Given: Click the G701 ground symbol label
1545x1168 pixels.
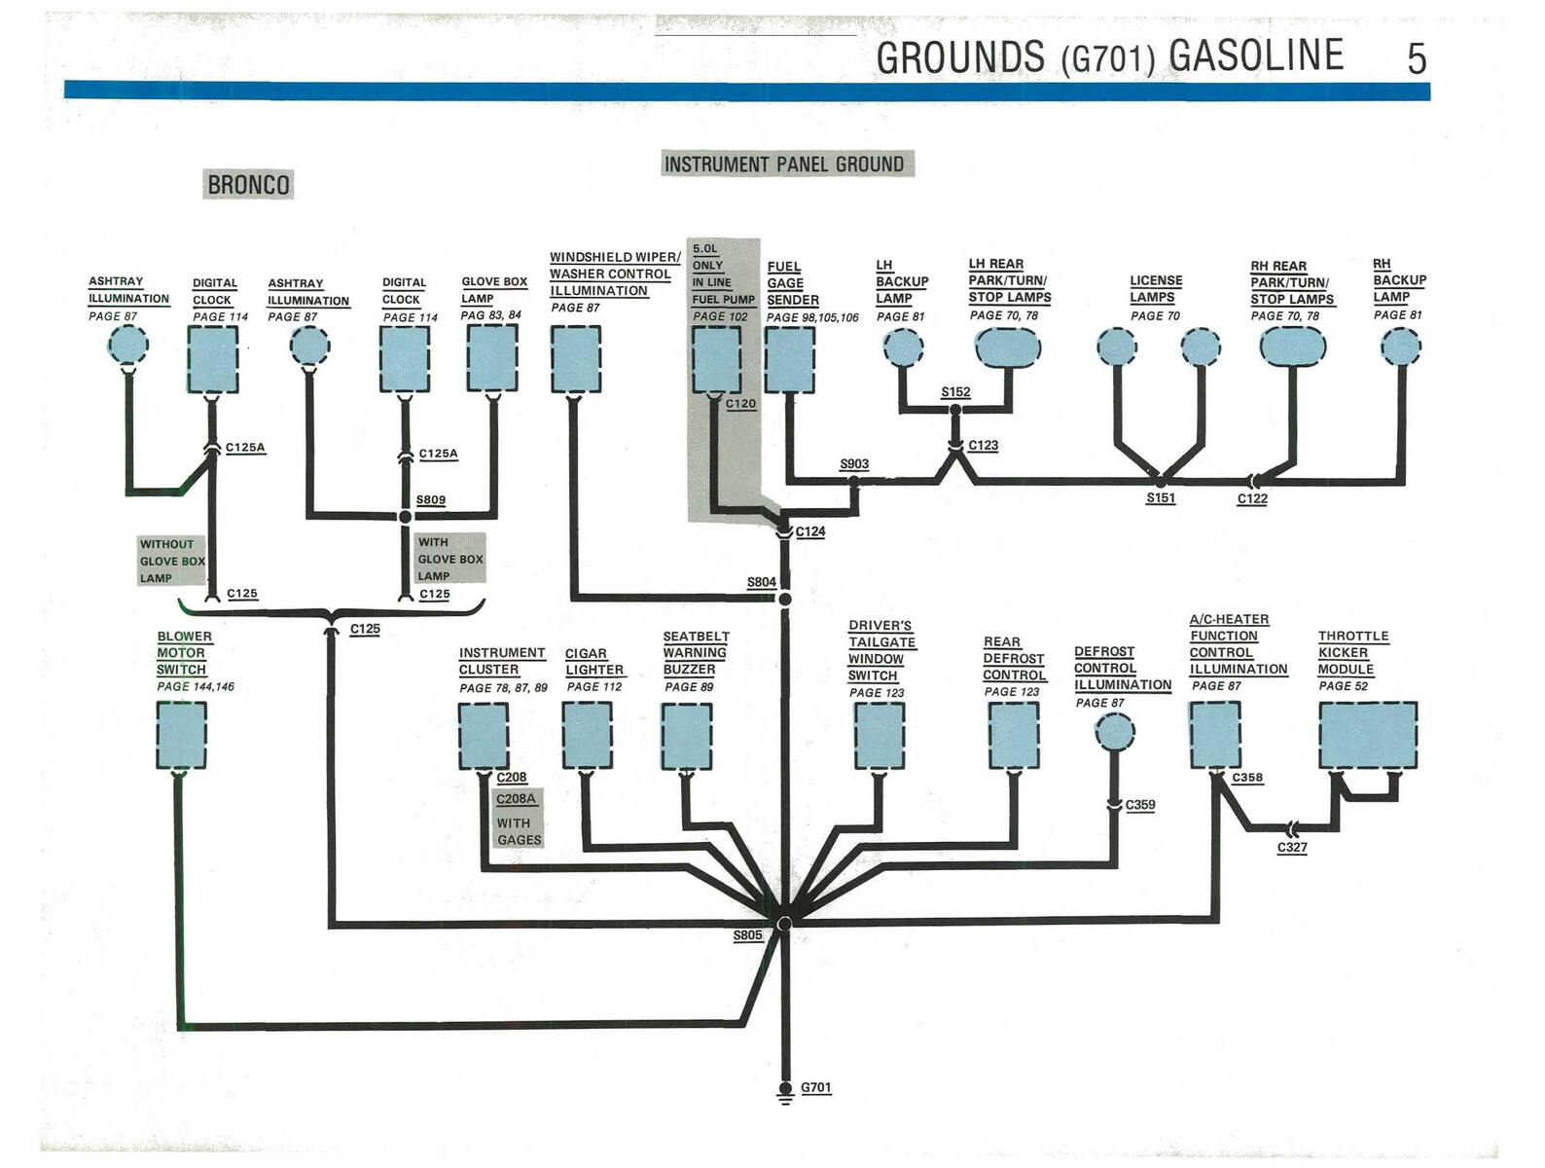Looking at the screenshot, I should click(x=815, y=1087).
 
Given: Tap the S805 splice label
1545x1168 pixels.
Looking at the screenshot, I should click(x=747, y=935).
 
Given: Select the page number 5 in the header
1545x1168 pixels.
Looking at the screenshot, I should click(x=1416, y=59).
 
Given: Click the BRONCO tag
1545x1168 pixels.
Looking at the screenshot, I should click(x=248, y=185).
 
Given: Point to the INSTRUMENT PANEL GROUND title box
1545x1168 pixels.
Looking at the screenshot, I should click(x=784, y=164).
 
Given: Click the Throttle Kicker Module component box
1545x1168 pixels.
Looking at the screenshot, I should click(x=1367, y=735).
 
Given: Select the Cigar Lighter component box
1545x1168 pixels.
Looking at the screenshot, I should click(x=587, y=735).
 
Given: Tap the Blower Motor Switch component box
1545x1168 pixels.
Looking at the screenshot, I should click(x=181, y=735).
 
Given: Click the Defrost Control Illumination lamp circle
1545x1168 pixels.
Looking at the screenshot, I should click(x=1114, y=732).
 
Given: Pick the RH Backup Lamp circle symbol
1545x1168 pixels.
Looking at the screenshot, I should click(x=1400, y=347).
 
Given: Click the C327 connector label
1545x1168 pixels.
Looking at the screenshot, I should click(x=1291, y=848).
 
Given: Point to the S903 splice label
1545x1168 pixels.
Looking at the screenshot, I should click(x=853, y=464).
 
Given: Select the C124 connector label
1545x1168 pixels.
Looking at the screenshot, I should click(x=809, y=531).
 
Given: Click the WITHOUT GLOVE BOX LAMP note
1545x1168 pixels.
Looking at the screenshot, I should click(x=171, y=561).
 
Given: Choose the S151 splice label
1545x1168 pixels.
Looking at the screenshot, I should click(x=1160, y=498).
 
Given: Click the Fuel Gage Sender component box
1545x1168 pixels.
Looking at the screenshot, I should click(x=789, y=359).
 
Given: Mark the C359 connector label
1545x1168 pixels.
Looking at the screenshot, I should click(x=1139, y=805).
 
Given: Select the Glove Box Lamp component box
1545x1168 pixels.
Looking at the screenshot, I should click(x=491, y=357).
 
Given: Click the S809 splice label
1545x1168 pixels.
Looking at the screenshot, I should click(x=430, y=500).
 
